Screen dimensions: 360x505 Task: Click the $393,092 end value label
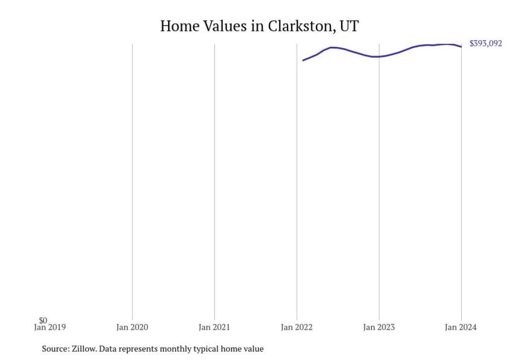(x=485, y=44)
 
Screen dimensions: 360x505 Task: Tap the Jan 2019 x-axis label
(x=50, y=327)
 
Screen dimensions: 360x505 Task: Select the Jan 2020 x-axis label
(x=132, y=327)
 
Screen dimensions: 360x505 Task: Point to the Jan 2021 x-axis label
(x=214, y=327)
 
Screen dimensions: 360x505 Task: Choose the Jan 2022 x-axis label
(x=297, y=327)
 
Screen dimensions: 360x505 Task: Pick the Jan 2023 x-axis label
(x=379, y=327)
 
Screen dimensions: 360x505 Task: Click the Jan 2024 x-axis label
(x=461, y=327)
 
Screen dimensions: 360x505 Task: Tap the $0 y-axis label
(x=43, y=320)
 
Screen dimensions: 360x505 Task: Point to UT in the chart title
(x=349, y=26)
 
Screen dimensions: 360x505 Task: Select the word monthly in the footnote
(x=177, y=349)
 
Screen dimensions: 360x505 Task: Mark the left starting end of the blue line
(x=303, y=60)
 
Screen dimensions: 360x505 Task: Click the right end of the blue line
(x=461, y=47)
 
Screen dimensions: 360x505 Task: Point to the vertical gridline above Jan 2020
(x=132, y=180)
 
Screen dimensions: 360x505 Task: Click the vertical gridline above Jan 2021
(x=214, y=180)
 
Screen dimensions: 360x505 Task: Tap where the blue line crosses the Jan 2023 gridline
(x=379, y=57)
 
